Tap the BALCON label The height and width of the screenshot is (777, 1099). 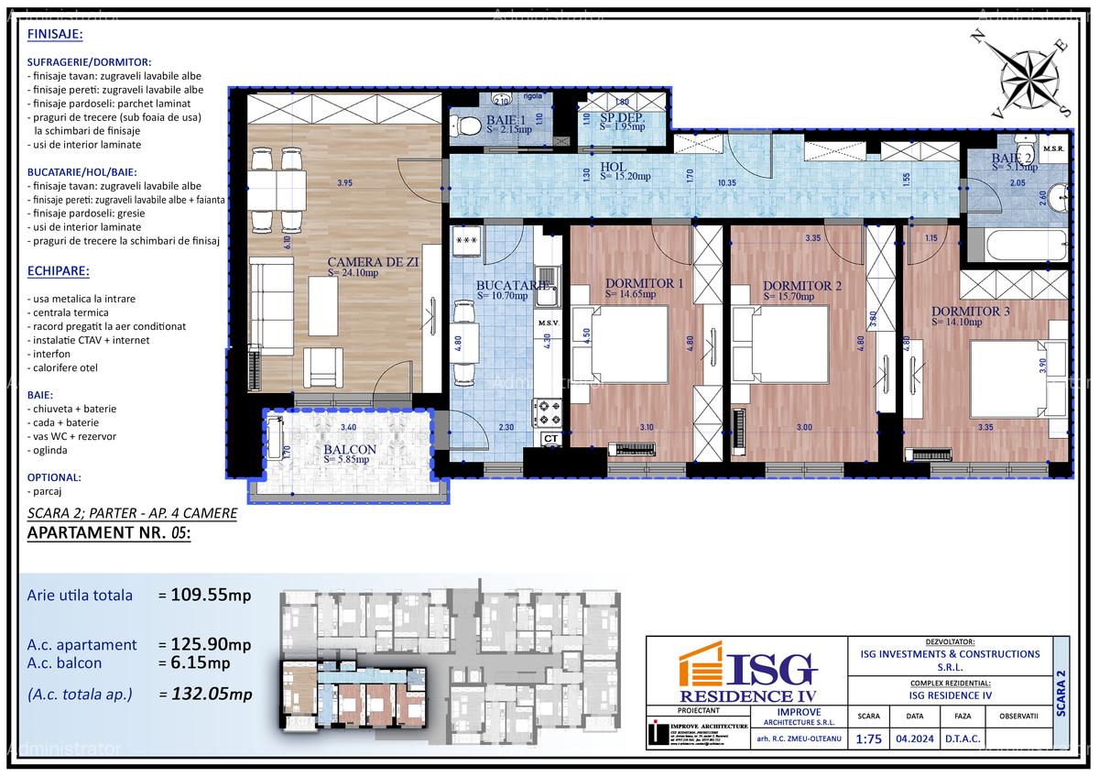click(349, 449)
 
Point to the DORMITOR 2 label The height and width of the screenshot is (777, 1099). click(801, 285)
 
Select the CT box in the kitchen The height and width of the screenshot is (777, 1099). click(550, 439)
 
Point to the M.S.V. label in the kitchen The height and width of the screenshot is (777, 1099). click(549, 323)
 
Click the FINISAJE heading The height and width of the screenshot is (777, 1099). click(55, 34)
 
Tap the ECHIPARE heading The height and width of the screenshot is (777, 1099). click(59, 271)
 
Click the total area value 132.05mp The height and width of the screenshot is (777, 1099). click(211, 694)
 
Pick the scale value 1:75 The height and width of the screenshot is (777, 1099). click(866, 739)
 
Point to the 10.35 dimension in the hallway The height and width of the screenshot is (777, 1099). click(727, 183)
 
